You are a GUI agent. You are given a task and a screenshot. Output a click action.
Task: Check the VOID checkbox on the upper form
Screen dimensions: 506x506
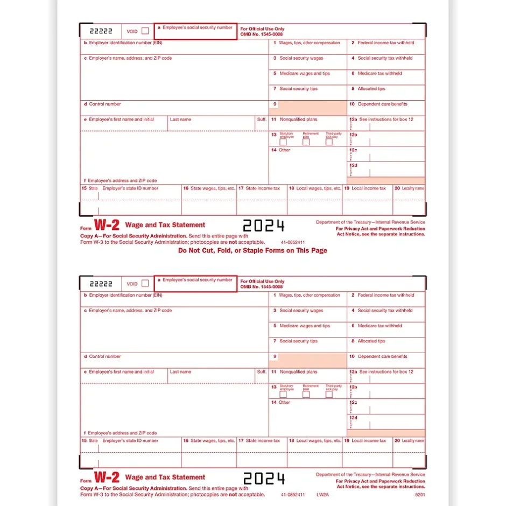[145, 31]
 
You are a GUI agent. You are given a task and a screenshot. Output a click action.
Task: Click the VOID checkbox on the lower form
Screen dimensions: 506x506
[145, 283]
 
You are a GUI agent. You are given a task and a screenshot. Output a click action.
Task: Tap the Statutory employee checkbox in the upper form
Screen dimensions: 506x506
[283, 142]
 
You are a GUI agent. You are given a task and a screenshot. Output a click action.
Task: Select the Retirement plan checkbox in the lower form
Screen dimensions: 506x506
[306, 395]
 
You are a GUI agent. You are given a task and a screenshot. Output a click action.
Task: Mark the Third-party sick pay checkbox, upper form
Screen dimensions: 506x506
[329, 142]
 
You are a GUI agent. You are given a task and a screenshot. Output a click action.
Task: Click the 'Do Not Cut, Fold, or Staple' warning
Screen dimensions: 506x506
[252, 250]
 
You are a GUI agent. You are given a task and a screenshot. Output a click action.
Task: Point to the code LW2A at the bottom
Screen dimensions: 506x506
[321, 494]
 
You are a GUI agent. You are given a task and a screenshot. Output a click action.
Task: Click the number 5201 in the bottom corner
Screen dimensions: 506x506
[419, 494]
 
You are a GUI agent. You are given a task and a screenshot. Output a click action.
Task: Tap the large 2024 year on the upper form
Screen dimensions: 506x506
[263, 226]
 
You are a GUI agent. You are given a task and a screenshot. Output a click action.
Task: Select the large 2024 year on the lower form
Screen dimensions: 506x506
[263, 478]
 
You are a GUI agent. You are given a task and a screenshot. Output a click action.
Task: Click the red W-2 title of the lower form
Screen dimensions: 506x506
[107, 477]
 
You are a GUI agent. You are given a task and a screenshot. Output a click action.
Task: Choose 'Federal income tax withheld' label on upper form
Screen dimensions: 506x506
[386, 43]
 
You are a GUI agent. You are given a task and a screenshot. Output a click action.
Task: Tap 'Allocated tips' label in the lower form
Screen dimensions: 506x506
[371, 341]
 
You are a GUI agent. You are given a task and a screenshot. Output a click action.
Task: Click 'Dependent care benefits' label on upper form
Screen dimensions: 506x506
[382, 104]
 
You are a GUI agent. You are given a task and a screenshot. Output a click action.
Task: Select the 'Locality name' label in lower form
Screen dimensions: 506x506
[412, 441]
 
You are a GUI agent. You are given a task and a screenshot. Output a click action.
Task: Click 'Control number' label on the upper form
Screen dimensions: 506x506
[105, 104]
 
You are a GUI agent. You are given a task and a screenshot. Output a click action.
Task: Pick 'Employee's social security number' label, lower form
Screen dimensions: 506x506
[198, 280]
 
